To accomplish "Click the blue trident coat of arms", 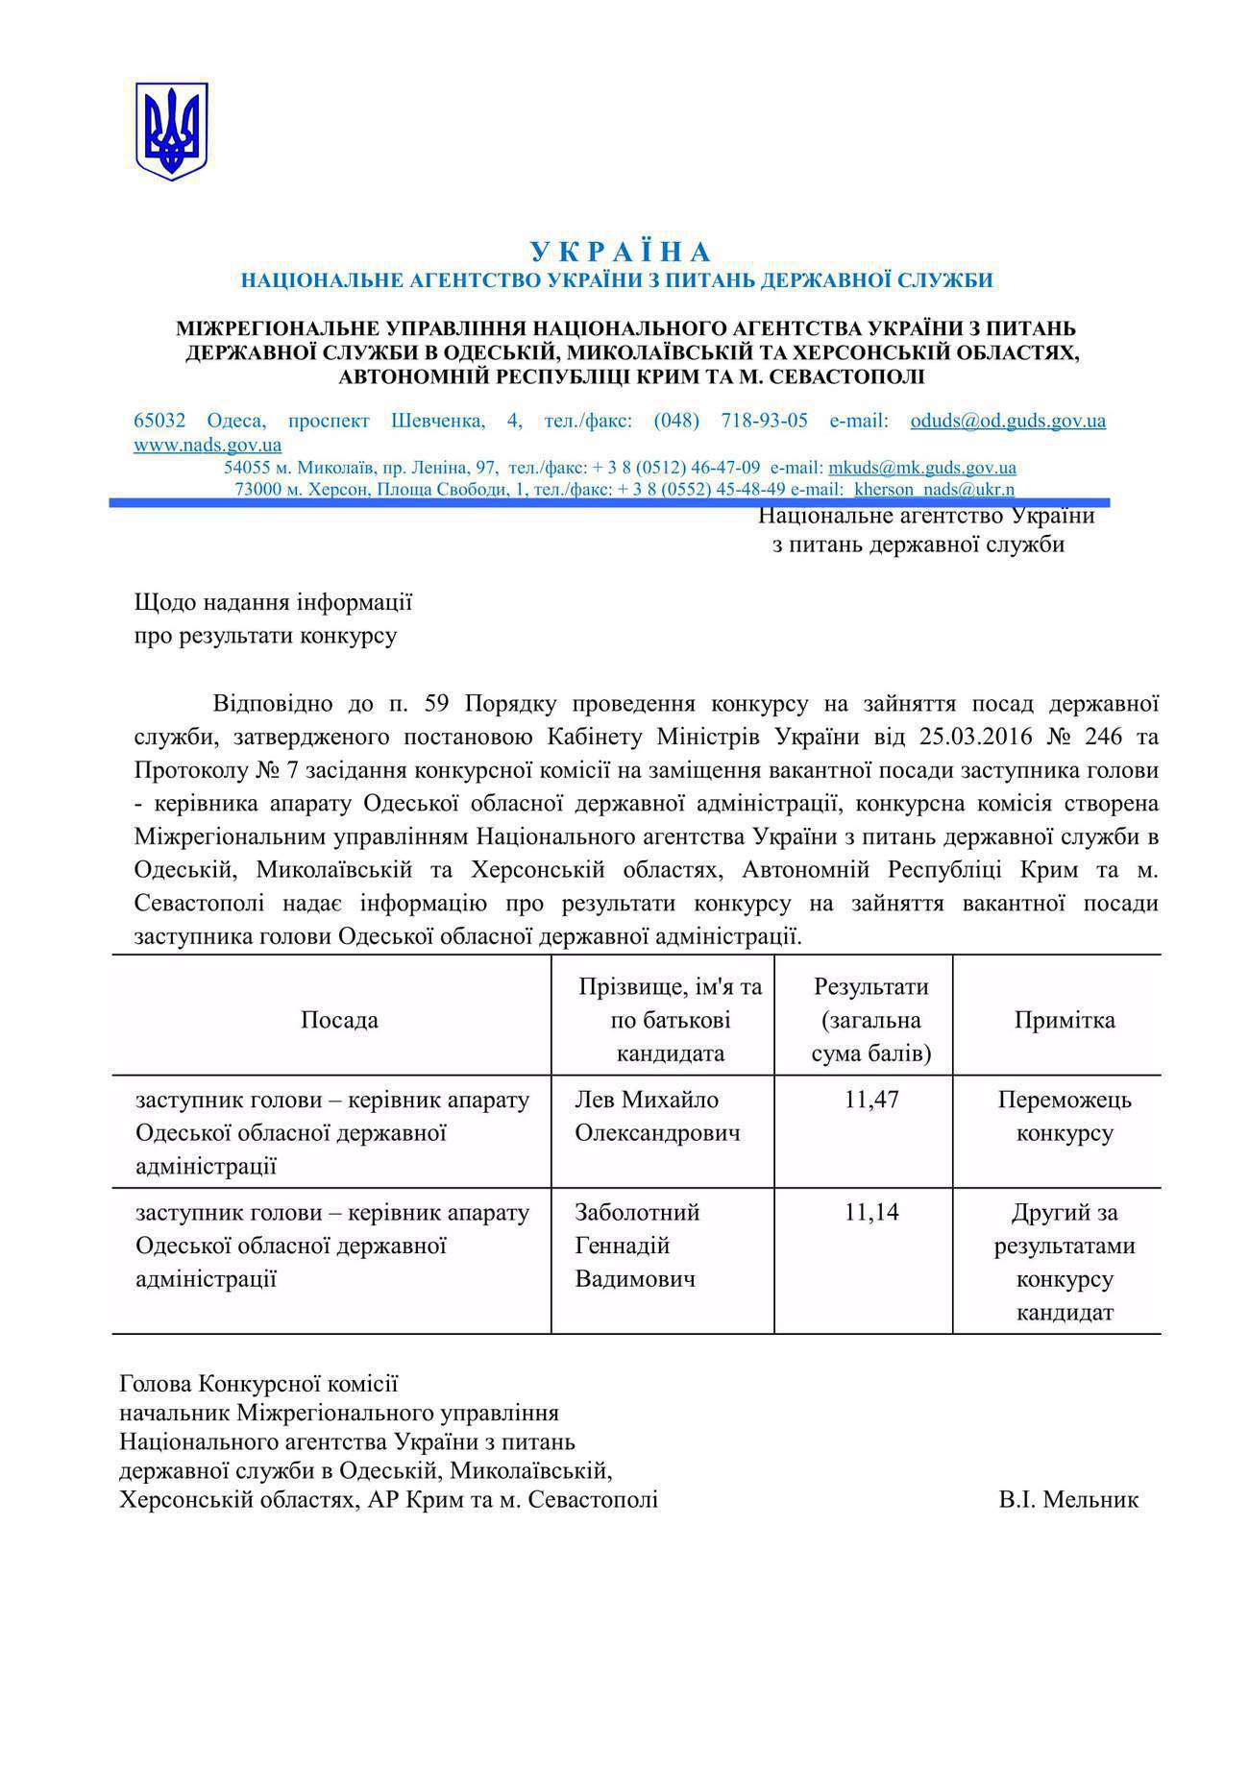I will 171,132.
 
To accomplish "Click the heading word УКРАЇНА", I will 621,253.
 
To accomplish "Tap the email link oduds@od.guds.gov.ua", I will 1008,421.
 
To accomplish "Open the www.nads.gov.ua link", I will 208,445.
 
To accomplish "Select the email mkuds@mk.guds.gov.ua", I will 921,468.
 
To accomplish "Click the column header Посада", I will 339,1020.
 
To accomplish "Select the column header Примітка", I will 1064,1020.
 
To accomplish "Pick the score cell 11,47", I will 871,1100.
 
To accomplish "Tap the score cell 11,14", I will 871,1212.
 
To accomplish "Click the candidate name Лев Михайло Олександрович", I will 657,1116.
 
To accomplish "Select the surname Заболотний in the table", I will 637,1212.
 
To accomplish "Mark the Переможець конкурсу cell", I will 1064,1116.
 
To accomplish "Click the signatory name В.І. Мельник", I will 1067,1499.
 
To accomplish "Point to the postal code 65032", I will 159,421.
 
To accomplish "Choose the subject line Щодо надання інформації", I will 273,603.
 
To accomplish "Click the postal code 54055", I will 246,468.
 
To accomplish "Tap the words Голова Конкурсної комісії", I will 258,1384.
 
